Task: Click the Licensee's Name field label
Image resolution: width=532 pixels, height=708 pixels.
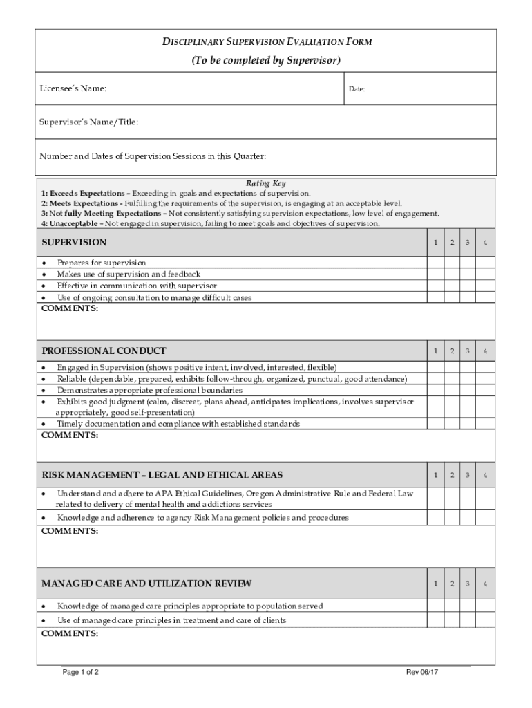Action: tap(74, 88)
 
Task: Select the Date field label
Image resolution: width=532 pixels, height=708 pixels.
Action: tap(357, 89)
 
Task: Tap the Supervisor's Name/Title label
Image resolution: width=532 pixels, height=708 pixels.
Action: tap(90, 122)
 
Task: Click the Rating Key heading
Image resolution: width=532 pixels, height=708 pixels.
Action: tap(265, 183)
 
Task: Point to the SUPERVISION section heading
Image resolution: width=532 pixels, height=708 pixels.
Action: tap(75, 243)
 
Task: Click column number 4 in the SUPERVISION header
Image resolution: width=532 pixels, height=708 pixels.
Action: tap(486, 243)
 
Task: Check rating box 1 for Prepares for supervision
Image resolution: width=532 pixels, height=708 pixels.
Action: tap(435, 263)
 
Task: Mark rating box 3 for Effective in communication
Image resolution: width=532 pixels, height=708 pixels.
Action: tap(468, 286)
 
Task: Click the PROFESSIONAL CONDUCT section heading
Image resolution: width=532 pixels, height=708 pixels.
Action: tap(104, 351)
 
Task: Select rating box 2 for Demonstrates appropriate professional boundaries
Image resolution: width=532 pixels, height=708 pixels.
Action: tap(451, 390)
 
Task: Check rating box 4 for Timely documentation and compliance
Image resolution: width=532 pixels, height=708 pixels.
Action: tap(486, 423)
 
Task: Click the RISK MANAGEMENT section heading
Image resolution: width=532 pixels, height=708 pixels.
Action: tap(162, 475)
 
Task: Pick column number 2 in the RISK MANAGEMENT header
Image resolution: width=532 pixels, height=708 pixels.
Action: tap(451, 475)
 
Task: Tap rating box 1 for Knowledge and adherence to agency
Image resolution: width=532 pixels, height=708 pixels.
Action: tap(435, 518)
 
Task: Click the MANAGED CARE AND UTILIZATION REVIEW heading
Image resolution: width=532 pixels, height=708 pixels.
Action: tap(146, 584)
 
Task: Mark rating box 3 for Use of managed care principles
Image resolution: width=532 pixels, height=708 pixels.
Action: tap(468, 620)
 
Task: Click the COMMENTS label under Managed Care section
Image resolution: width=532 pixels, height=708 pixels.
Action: tap(70, 633)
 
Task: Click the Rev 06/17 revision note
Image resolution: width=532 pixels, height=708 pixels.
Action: tap(421, 672)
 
